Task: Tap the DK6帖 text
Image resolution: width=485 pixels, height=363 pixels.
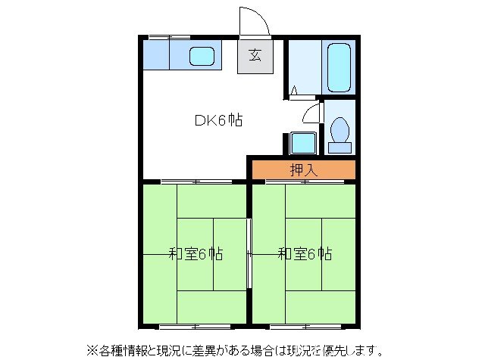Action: [x=218, y=119]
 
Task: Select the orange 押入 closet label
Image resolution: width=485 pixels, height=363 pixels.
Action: [x=304, y=170]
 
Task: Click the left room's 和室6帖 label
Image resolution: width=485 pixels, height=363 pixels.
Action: [x=196, y=254]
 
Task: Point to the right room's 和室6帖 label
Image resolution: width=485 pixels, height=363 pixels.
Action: [x=305, y=254]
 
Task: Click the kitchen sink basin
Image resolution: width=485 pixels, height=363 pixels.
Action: [x=201, y=55]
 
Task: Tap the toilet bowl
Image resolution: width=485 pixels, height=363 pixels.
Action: [x=339, y=128]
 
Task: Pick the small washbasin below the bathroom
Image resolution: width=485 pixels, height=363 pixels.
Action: [x=303, y=142]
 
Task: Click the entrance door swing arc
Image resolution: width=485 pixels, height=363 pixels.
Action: [x=253, y=20]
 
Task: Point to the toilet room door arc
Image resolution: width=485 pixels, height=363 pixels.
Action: [x=311, y=113]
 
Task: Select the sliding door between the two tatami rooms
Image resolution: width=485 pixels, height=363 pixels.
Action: [x=249, y=253]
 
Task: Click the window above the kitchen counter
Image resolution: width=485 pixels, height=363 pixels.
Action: [x=168, y=36]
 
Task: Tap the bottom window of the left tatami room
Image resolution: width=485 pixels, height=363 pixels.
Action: [x=196, y=326]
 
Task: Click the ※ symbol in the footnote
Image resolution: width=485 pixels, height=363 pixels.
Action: [x=92, y=350]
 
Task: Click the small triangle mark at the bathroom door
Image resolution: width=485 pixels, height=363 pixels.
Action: [x=294, y=92]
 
